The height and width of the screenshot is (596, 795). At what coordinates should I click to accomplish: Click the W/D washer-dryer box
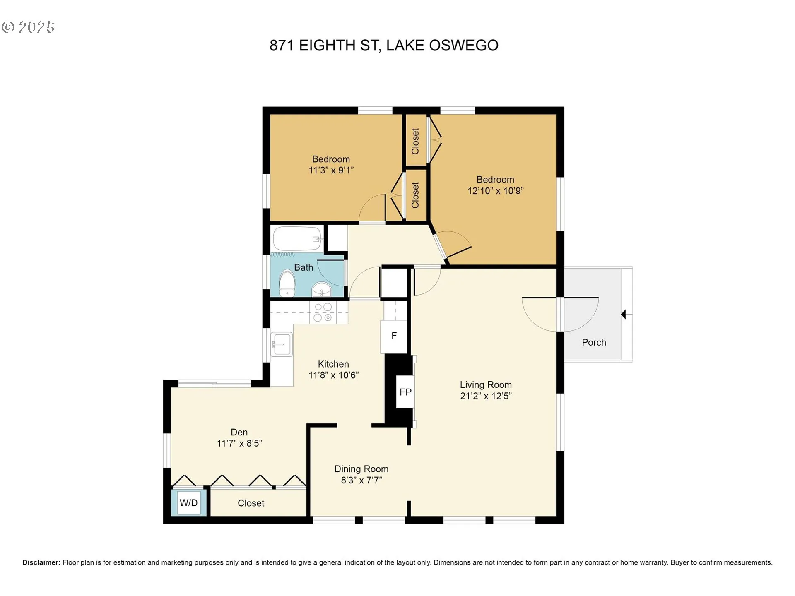188,503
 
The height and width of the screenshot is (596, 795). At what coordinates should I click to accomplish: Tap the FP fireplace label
405,392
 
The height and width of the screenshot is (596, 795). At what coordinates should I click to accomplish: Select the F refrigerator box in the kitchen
394,336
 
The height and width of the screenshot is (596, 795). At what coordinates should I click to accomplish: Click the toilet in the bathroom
287,284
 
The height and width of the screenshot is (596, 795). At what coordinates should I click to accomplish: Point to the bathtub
297,239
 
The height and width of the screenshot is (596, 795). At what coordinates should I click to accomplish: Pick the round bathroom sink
321,289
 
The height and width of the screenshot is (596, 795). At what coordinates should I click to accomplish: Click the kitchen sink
282,344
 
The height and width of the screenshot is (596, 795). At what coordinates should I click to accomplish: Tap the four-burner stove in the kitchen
323,312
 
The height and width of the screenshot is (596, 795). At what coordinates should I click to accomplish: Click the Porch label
594,342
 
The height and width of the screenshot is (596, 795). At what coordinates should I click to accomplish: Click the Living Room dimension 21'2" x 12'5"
486,396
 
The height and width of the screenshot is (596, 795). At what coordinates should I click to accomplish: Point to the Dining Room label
361,469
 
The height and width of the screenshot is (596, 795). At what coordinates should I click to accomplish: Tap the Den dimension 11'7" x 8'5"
239,443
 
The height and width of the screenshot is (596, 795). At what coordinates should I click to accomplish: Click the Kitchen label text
333,364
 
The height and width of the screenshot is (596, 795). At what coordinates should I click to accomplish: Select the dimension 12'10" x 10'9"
496,191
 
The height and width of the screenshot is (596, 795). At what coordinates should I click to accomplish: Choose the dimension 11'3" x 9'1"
331,170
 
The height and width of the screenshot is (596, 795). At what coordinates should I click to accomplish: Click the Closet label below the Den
251,503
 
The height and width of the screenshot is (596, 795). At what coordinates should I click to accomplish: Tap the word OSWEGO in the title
464,46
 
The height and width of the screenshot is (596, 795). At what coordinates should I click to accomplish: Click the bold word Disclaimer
41,562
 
